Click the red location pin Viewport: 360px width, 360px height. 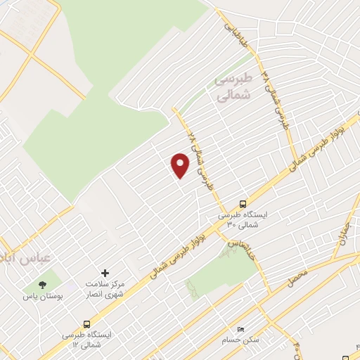pos(181,166)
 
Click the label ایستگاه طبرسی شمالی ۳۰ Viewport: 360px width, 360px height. pos(242,219)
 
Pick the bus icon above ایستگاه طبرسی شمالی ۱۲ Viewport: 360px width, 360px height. pos(86,324)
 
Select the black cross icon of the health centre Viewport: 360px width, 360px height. pos(105,272)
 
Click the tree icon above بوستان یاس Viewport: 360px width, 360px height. pos(43,284)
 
